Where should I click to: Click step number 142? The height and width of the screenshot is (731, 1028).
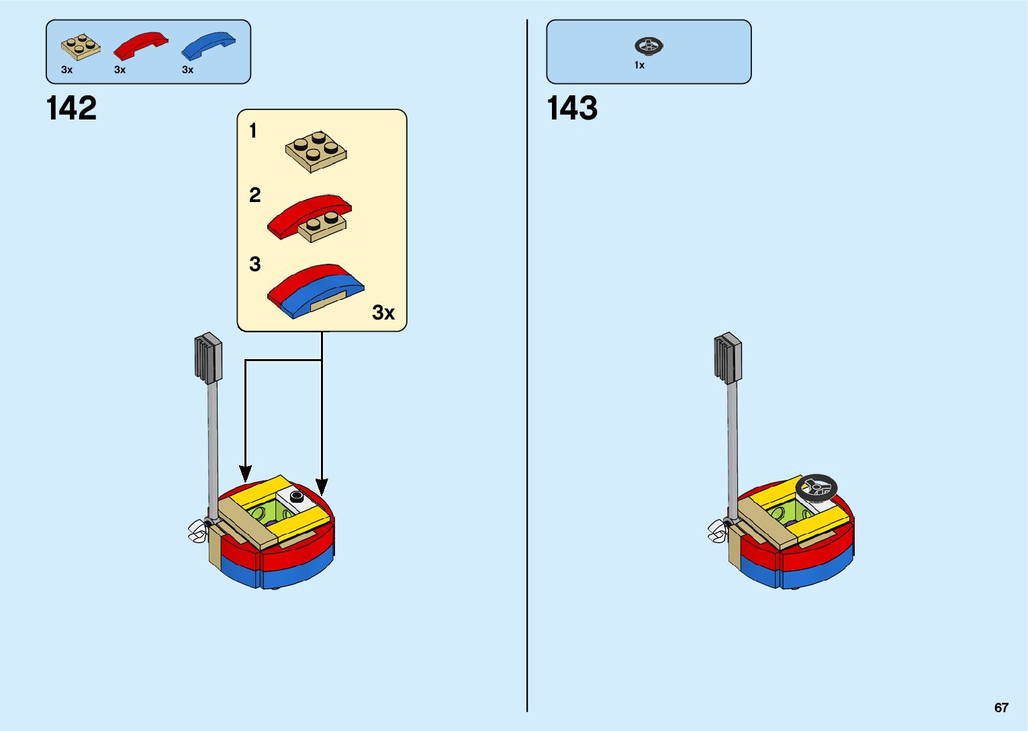pyautogui.click(x=71, y=109)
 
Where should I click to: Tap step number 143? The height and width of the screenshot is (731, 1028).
pyautogui.click(x=572, y=109)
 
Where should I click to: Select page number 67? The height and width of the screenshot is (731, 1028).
pyautogui.click(x=1001, y=708)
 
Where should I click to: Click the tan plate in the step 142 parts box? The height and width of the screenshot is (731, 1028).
pyautogui.click(x=81, y=47)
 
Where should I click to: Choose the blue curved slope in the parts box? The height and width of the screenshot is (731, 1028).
pyautogui.click(x=208, y=45)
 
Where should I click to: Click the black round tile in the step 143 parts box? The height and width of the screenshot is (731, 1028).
pyautogui.click(x=649, y=46)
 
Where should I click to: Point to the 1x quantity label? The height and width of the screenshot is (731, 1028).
pyautogui.click(x=639, y=65)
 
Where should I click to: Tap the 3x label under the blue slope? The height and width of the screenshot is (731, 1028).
pyautogui.click(x=187, y=70)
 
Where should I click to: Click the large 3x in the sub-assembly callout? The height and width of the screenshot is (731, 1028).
pyautogui.click(x=383, y=312)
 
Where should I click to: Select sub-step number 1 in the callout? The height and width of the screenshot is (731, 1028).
pyautogui.click(x=253, y=130)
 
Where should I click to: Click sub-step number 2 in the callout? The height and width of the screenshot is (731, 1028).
pyautogui.click(x=254, y=195)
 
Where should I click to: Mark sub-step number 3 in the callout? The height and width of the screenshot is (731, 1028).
pyautogui.click(x=254, y=264)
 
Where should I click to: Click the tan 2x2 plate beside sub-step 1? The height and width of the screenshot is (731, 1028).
pyautogui.click(x=316, y=151)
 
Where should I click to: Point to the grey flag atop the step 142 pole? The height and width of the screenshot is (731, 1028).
pyautogui.click(x=208, y=358)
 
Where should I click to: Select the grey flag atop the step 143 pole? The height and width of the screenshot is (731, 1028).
pyautogui.click(x=727, y=358)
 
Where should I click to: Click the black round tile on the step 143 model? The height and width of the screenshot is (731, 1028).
pyautogui.click(x=816, y=487)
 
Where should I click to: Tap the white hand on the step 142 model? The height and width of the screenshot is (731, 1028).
pyautogui.click(x=197, y=531)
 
